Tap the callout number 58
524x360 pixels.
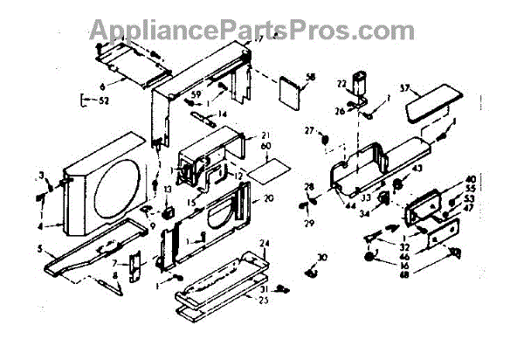[x=310, y=78]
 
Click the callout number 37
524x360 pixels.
[x=429, y=87]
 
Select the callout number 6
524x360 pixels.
[x=102, y=87]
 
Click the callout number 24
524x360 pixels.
[x=264, y=242]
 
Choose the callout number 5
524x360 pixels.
[x=39, y=248]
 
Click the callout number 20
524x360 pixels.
[x=268, y=198]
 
